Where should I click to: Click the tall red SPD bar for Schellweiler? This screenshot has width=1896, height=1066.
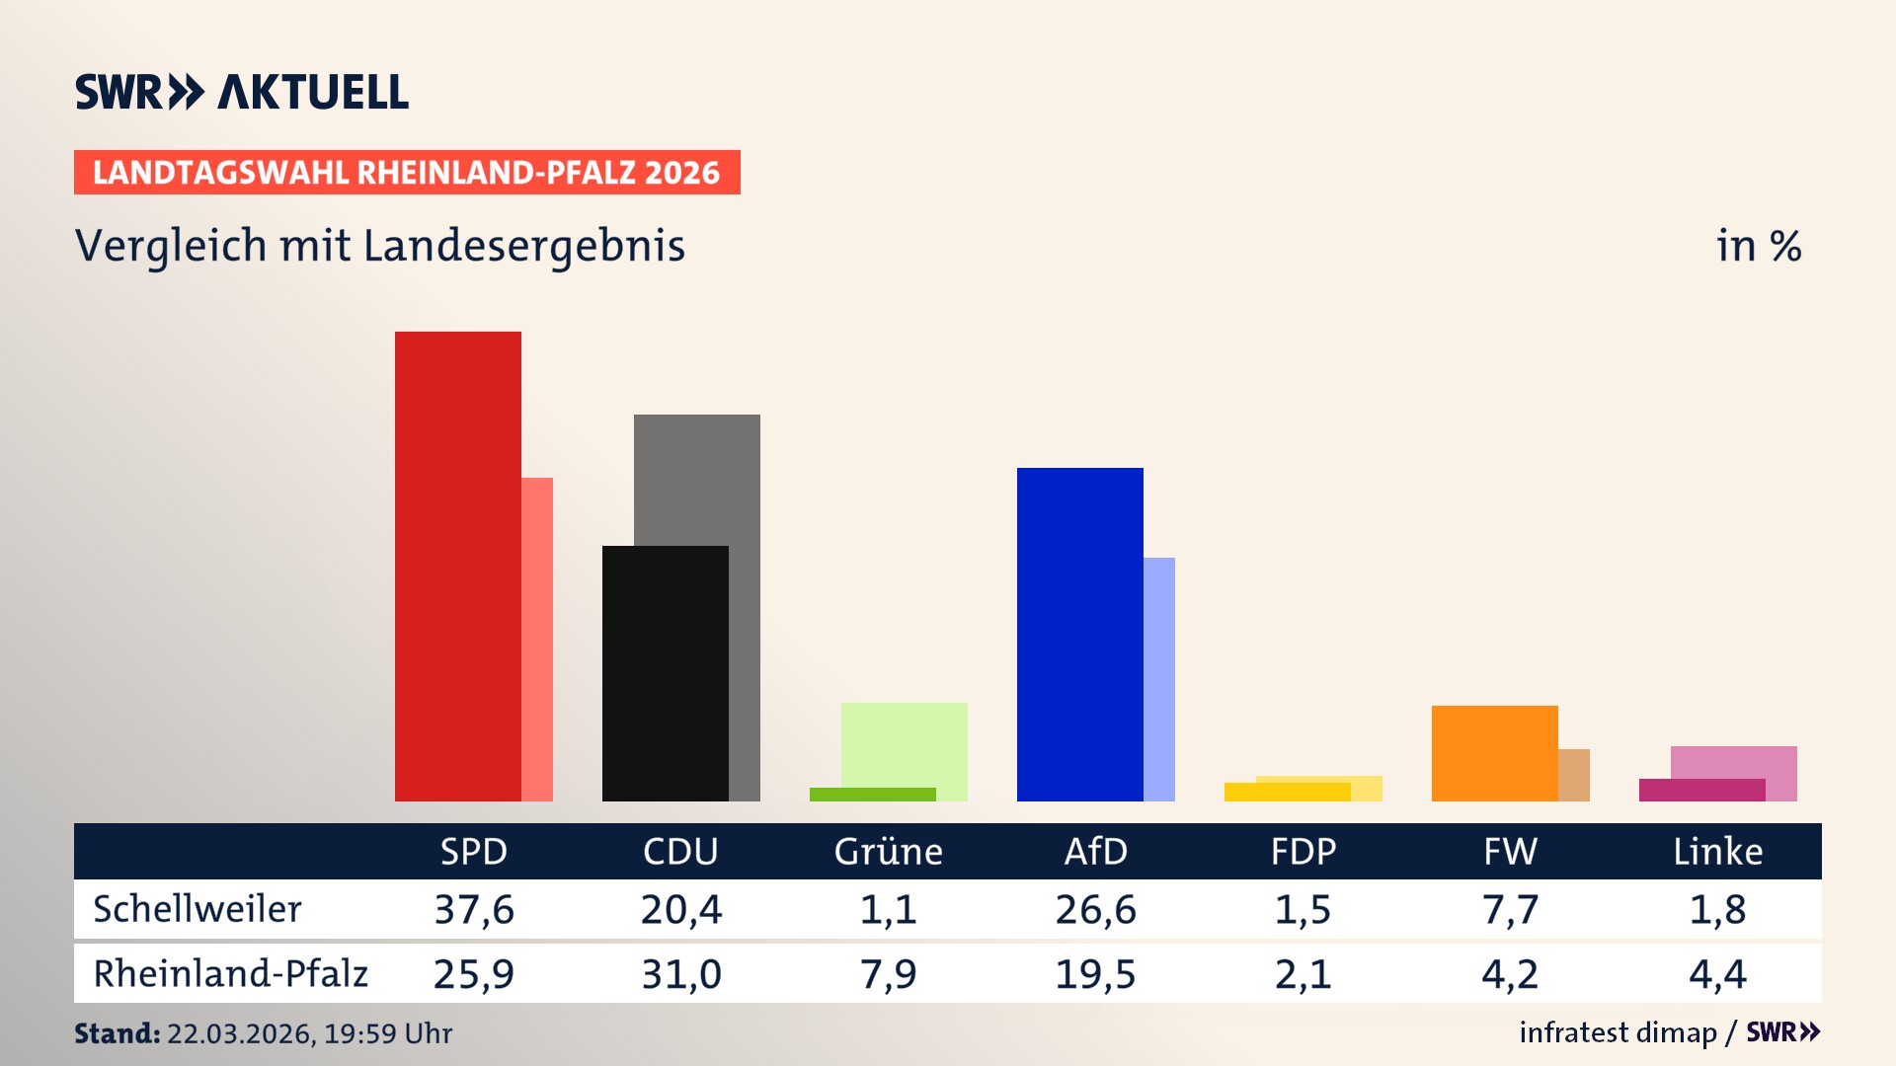tap(458, 567)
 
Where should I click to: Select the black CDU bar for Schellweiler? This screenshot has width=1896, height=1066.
tap(666, 673)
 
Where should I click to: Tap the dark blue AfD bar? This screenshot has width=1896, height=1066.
tap(1080, 634)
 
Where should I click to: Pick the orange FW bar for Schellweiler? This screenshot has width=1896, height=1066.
tap(1495, 753)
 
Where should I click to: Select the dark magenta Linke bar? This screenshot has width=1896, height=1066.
tap(1702, 790)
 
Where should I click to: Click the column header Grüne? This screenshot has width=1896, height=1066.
tap(888, 851)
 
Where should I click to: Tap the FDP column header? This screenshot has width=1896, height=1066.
tap(1303, 851)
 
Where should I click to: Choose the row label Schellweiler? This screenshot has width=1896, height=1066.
tap(197, 909)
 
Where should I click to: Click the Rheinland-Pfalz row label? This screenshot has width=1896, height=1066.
tap(230, 973)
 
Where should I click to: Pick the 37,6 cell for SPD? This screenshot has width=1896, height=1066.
tap(474, 909)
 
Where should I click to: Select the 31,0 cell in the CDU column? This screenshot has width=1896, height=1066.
tap(681, 974)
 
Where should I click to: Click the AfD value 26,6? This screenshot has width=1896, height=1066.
tap(1095, 909)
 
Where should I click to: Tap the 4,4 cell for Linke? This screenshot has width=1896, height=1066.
tap(1717, 974)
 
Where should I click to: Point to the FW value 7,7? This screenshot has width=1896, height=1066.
tap(1510, 909)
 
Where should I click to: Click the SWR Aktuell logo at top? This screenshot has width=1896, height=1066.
tap(242, 92)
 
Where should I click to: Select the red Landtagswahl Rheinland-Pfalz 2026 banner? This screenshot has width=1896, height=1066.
tap(407, 173)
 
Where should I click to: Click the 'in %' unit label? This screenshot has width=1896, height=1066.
tap(1758, 246)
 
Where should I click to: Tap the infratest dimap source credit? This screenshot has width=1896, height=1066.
tap(1618, 1032)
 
